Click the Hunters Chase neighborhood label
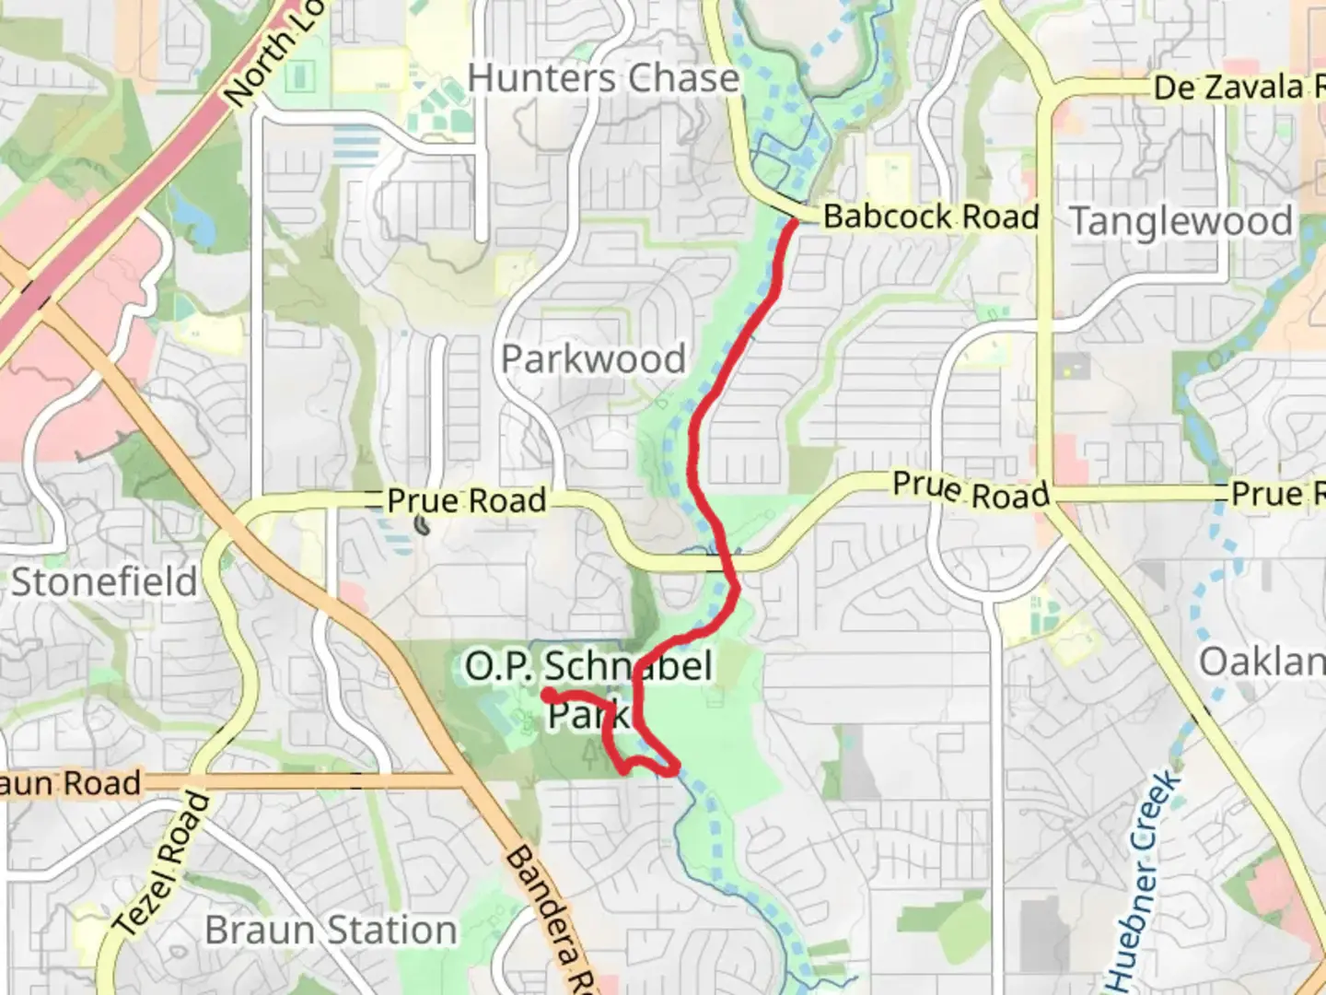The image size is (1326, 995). click(603, 78)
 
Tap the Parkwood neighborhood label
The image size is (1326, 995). click(594, 359)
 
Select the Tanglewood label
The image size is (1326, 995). click(1181, 222)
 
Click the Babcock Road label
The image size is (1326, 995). click(930, 217)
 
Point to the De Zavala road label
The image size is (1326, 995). click(1234, 88)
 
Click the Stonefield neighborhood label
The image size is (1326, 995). click(104, 582)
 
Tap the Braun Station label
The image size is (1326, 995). click(331, 931)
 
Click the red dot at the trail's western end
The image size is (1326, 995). click(548, 695)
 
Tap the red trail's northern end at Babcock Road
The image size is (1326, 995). click(792, 222)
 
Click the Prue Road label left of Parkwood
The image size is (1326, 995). click(467, 501)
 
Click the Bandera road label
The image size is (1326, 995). click(549, 921)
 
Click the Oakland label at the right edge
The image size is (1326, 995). click(1261, 661)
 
